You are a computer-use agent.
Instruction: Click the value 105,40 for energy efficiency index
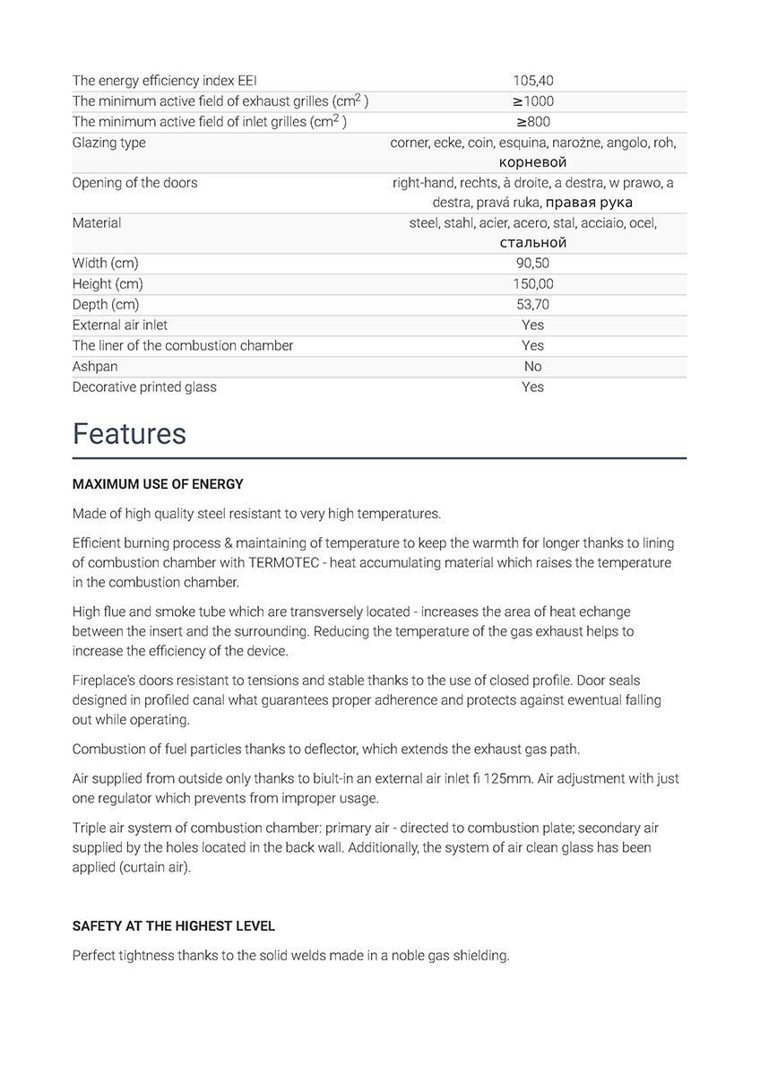click(x=532, y=81)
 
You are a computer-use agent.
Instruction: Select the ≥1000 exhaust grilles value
click(x=532, y=101)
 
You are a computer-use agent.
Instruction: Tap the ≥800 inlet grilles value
click(x=532, y=122)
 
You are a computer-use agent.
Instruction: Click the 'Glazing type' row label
click(x=108, y=143)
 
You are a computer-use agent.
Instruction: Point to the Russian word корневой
click(x=532, y=162)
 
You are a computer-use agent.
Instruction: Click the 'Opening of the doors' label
click(x=134, y=183)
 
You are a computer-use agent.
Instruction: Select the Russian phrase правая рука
click(x=589, y=203)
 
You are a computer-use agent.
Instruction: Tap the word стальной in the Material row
click(x=532, y=243)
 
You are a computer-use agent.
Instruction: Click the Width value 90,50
click(x=532, y=264)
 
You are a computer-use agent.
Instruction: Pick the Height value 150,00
click(x=532, y=284)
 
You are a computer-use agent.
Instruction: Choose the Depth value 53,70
click(x=532, y=305)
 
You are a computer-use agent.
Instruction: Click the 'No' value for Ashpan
click(x=532, y=367)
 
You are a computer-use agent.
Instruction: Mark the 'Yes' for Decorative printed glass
click(x=532, y=387)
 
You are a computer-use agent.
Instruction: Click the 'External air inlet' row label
click(x=119, y=325)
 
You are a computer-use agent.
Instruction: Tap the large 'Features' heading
click(x=129, y=434)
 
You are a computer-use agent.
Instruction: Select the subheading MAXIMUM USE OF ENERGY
click(x=158, y=484)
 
